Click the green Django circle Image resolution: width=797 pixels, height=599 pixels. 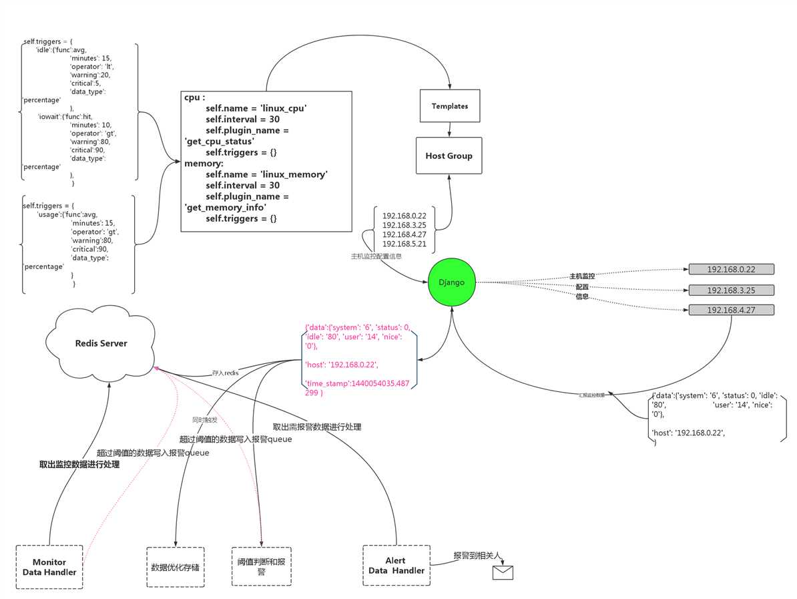[452, 282]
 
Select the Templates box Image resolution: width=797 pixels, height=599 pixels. [450, 106]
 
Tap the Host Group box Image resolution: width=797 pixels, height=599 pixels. [449, 156]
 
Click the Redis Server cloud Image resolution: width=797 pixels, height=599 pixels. [101, 344]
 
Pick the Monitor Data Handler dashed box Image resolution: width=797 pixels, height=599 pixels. [49, 567]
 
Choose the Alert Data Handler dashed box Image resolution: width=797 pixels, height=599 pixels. [396, 566]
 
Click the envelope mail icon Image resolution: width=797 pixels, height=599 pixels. [503, 572]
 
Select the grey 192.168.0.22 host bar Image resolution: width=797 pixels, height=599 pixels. [731, 269]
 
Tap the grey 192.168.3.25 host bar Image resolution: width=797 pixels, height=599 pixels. [731, 290]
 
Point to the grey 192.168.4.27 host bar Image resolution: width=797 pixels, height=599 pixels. [731, 310]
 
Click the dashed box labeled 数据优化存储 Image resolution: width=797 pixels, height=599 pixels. [176, 567]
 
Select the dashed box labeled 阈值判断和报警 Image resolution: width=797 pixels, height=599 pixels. [261, 567]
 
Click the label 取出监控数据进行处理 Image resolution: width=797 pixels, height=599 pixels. [79, 465]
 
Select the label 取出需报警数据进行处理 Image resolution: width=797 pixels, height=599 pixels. [317, 427]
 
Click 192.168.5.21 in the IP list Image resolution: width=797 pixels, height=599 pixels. [404, 244]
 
